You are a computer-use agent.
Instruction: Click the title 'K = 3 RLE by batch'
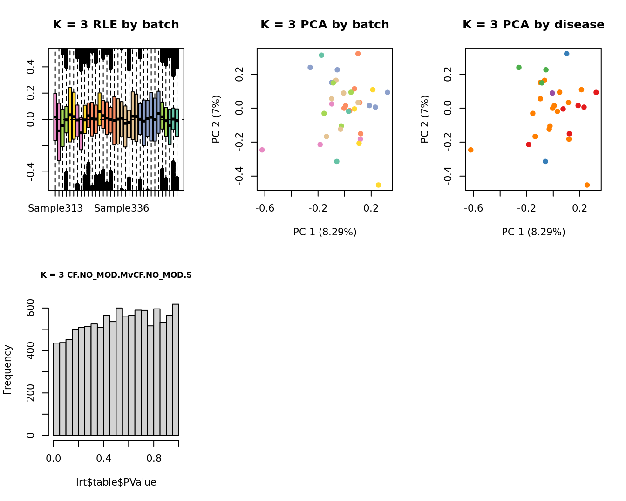(x=116, y=25)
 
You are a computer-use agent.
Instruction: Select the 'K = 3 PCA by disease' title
(x=533, y=25)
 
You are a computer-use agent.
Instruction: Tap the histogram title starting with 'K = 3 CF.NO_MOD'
(x=116, y=275)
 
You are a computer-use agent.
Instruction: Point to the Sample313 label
(x=55, y=208)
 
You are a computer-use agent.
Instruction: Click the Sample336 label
(x=122, y=208)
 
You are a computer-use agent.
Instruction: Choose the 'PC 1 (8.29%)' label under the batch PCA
(x=325, y=232)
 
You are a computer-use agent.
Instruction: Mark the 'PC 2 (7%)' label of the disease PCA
(x=424, y=119)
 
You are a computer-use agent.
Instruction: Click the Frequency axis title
(x=7, y=370)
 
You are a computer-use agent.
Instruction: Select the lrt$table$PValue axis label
(x=116, y=482)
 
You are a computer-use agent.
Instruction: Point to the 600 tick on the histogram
(x=30, y=308)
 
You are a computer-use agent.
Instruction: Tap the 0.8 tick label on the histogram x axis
(x=154, y=458)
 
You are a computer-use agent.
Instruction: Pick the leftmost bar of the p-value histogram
(x=56, y=389)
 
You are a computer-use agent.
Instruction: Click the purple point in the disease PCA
(x=552, y=93)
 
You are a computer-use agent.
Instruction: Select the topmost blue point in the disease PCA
(x=566, y=54)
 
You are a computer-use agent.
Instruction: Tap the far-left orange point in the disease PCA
(x=470, y=150)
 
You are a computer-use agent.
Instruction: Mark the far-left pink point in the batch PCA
(x=262, y=150)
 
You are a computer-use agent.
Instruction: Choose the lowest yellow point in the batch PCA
(x=378, y=185)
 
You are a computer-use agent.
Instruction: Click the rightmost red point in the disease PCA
(x=596, y=92)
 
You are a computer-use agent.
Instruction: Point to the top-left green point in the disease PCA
(x=519, y=68)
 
